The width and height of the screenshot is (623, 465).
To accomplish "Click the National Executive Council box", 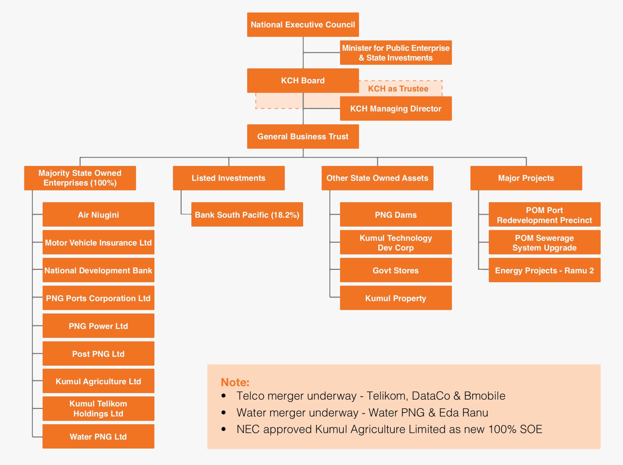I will [303, 25].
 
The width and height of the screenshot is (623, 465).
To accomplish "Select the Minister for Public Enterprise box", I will [395, 53].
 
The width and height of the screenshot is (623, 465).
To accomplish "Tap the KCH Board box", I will [303, 81].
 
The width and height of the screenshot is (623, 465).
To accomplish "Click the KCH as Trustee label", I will [398, 89].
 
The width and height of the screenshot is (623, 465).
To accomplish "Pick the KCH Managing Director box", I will [395, 109].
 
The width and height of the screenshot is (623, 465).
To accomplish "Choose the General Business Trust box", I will [303, 137].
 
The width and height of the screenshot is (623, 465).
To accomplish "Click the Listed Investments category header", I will [228, 178].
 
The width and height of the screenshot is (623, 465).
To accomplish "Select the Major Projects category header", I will [526, 178].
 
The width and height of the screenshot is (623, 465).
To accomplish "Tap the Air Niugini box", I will [98, 215].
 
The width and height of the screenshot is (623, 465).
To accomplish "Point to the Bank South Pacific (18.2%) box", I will [247, 215].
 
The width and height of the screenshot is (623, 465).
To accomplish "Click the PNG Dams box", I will [395, 215].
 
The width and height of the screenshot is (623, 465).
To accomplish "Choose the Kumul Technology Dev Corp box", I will [395, 243].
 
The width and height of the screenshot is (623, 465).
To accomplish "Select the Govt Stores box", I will [395, 270].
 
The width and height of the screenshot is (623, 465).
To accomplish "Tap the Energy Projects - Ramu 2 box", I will [544, 270].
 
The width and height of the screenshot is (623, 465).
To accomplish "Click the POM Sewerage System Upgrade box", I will [544, 243].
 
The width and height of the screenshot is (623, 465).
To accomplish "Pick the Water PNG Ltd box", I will [98, 437].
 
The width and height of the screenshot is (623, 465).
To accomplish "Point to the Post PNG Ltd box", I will [98, 354].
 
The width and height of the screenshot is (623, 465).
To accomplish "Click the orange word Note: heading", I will [235, 382].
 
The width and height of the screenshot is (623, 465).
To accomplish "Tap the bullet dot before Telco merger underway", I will [223, 396].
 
